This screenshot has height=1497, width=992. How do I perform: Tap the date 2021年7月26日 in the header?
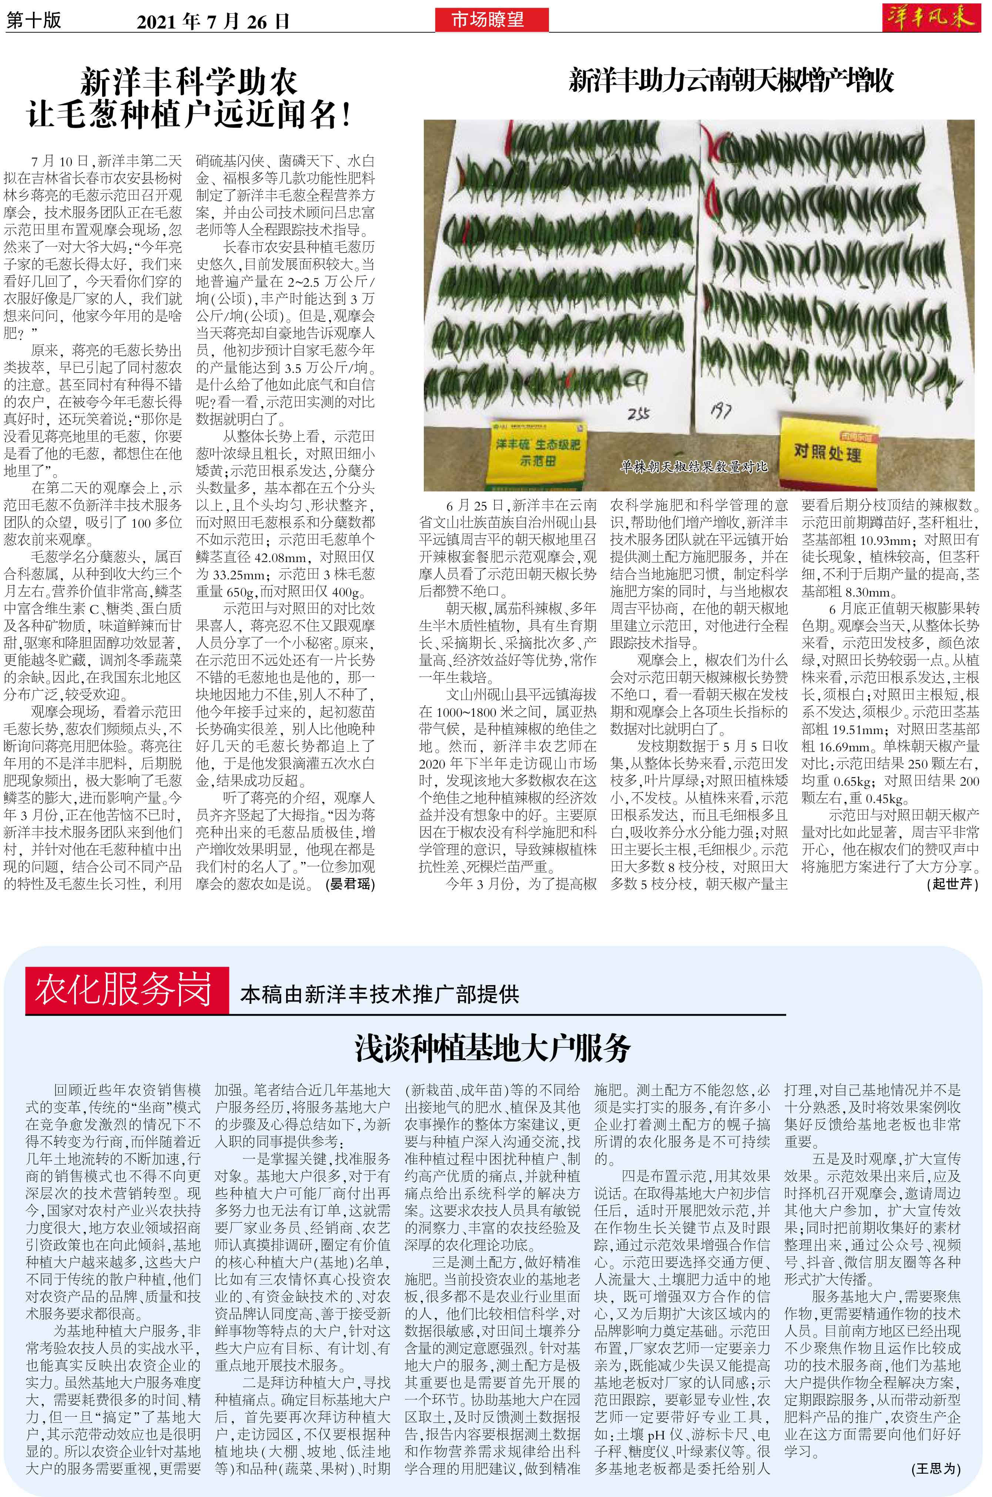[213, 22]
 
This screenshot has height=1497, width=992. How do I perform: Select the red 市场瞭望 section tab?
[491, 21]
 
